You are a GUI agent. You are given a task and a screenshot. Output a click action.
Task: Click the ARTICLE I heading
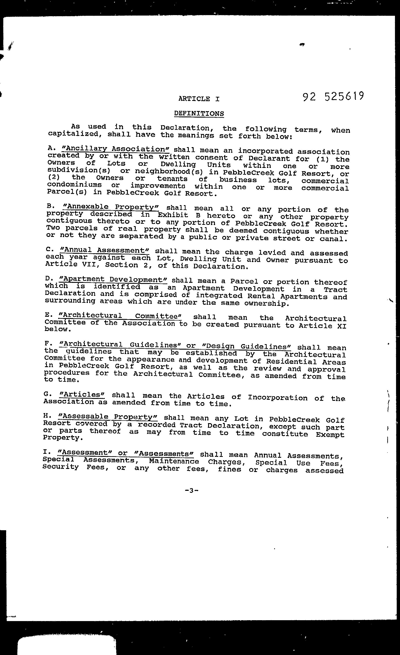[199, 99]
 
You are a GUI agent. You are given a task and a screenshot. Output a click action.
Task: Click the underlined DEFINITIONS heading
[199, 113]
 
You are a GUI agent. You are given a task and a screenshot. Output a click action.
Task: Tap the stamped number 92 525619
[333, 97]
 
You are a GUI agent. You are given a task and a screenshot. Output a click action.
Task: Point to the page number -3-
[191, 490]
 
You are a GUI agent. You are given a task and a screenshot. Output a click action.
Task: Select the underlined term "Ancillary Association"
[116, 149]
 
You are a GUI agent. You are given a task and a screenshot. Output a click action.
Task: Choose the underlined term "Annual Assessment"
[105, 250]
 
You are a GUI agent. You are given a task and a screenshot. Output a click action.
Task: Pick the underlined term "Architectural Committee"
[120, 316]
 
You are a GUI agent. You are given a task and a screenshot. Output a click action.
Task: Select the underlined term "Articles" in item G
[82, 395]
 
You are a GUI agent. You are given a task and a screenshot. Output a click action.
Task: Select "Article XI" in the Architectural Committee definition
[322, 326]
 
